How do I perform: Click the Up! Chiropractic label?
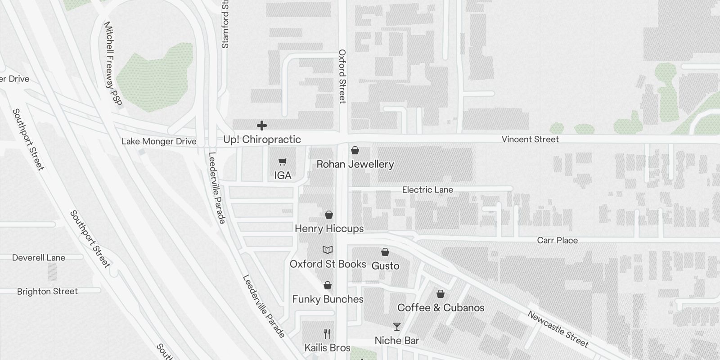coord(262,139)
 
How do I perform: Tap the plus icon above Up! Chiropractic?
coord(261,126)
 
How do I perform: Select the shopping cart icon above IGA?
coord(283,162)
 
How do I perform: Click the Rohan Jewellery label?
coord(355,164)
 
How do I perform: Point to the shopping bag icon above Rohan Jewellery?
coord(355,150)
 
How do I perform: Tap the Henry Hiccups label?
coord(329,229)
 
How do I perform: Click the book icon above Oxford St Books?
coord(328,250)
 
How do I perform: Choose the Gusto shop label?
coord(385,266)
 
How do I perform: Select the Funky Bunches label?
coord(328,299)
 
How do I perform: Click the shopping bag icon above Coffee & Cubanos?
coord(441,294)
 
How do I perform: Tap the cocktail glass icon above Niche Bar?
coord(396,327)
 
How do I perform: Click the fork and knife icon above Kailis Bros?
coord(328,334)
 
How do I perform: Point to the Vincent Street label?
coord(530,139)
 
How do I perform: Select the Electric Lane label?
coord(427,190)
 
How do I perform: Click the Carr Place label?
coord(557,240)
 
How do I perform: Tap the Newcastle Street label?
coord(558,329)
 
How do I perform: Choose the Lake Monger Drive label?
coord(159,141)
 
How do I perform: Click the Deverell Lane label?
coord(39,258)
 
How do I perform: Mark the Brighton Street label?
coord(47,292)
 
